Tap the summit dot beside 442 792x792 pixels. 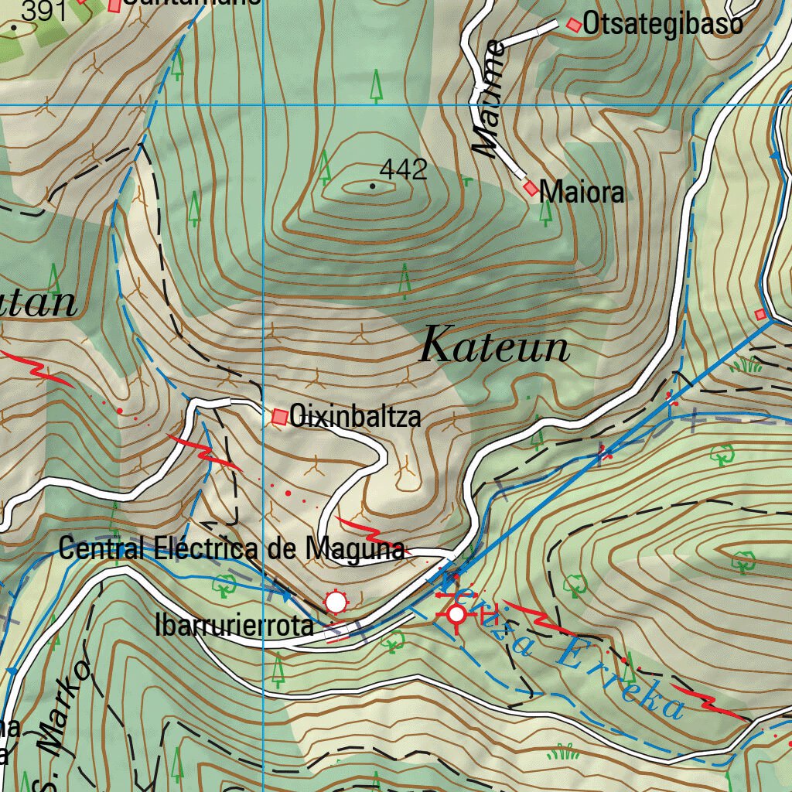[x=373, y=186]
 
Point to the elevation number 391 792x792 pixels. [x=43, y=11]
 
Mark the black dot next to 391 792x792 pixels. [x=13, y=27]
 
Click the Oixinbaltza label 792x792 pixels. [x=355, y=417]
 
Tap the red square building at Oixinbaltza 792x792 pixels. [x=279, y=418]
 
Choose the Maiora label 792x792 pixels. [x=582, y=192]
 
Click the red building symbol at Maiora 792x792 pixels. [x=531, y=188]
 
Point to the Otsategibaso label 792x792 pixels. [x=663, y=25]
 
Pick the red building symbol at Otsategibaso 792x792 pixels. [x=573, y=26]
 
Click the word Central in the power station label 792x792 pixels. [x=101, y=550]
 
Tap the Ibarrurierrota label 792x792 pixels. [x=234, y=626]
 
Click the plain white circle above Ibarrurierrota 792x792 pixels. [x=335, y=601]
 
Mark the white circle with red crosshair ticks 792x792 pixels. [x=456, y=615]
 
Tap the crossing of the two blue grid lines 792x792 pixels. [x=263, y=104]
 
